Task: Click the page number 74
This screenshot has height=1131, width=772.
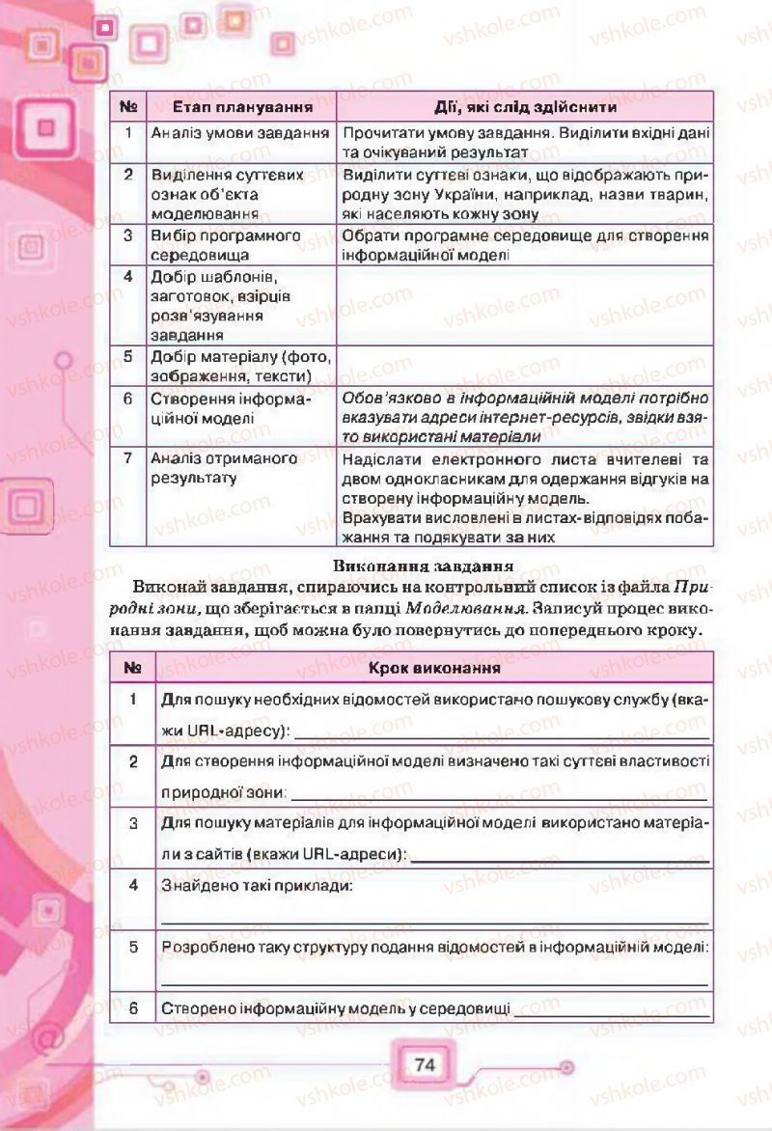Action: tap(423, 1065)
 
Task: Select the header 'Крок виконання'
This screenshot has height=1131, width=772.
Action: tap(433, 667)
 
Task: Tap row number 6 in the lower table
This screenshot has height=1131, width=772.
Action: tap(134, 1008)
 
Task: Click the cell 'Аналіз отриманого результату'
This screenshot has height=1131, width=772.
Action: tap(224, 468)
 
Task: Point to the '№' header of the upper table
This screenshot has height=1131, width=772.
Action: tap(127, 107)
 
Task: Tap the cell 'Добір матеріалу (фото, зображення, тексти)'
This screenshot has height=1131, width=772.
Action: tap(239, 366)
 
